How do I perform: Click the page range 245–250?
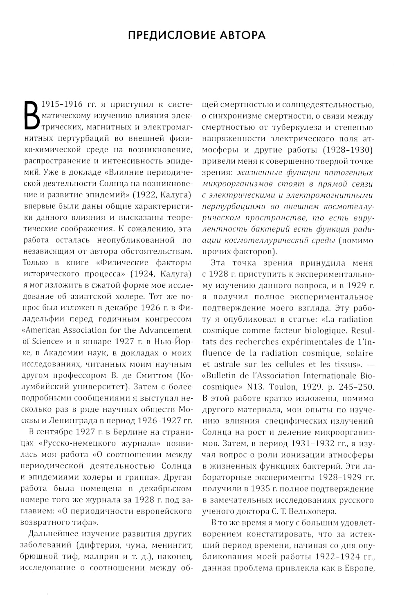pos(355,386)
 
